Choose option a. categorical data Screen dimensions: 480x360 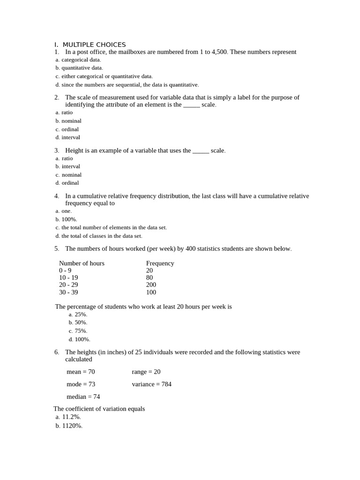click(x=78, y=60)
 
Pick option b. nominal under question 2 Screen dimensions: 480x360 click(x=68, y=121)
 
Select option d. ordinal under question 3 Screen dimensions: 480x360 click(x=67, y=183)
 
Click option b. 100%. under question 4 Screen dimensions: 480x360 click(x=66, y=219)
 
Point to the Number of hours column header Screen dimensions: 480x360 click(x=82, y=263)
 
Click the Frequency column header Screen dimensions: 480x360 click(x=160, y=263)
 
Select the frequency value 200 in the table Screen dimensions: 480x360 click(x=151, y=285)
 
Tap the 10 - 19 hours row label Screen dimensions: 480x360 click(x=68, y=277)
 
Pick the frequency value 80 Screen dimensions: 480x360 click(x=150, y=277)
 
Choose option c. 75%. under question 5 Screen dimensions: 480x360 click(x=78, y=331)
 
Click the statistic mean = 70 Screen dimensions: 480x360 click(x=81, y=372)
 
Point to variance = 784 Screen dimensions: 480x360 click(x=151, y=384)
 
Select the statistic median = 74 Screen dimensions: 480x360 click(x=83, y=397)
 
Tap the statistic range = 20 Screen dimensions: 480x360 click(x=146, y=372)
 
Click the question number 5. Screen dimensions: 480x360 click(x=56, y=249)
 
